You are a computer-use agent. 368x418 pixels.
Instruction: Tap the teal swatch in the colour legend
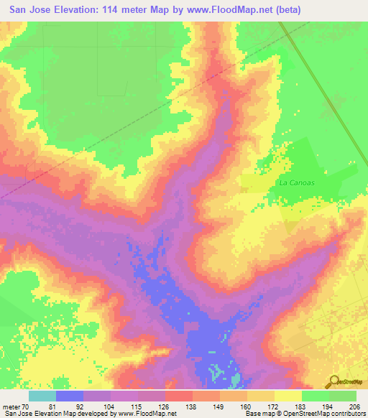[x=42, y=396]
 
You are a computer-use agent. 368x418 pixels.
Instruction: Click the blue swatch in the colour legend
[x=70, y=396]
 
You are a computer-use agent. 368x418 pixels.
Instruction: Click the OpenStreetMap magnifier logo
[x=333, y=383]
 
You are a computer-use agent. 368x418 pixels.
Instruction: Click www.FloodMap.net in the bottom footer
[x=151, y=414]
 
